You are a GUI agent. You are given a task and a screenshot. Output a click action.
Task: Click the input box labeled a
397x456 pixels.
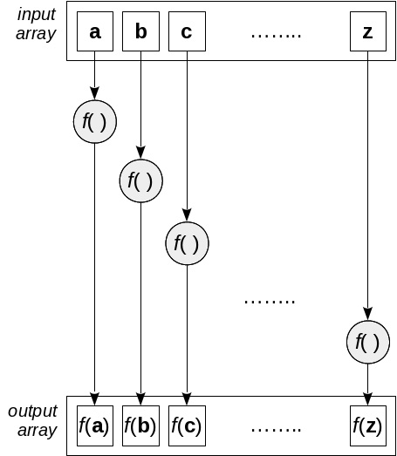[x=95, y=33]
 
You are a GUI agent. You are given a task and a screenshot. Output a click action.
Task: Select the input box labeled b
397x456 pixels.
[x=141, y=33]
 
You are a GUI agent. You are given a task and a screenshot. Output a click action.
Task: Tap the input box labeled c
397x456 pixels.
[x=187, y=33]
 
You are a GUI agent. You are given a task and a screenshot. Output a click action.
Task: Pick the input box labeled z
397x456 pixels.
[x=367, y=33]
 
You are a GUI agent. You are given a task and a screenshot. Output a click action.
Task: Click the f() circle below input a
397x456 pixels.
[x=95, y=122]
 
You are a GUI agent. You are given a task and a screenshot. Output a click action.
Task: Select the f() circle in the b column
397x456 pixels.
[x=141, y=181]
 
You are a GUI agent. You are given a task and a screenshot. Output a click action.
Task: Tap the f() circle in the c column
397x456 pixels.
[x=187, y=243]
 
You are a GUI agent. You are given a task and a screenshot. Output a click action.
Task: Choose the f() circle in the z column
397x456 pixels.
[x=367, y=342]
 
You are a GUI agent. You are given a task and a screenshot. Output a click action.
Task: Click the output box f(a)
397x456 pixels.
[x=95, y=425]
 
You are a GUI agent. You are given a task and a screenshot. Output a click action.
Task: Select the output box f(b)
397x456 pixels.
[x=141, y=425]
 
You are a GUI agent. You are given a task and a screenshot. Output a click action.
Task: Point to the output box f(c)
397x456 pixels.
[x=187, y=425]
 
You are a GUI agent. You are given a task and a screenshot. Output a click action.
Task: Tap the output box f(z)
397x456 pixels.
[x=367, y=425]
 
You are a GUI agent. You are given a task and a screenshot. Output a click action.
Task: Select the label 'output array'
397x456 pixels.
[x=34, y=420]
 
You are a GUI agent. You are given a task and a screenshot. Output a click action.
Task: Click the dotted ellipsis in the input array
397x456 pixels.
[x=276, y=35]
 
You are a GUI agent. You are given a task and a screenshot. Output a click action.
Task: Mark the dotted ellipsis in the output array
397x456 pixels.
[x=276, y=428]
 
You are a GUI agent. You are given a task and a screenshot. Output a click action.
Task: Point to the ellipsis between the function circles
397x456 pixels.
[x=270, y=301]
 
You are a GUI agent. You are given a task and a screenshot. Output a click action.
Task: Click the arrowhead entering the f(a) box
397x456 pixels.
[x=95, y=398]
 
